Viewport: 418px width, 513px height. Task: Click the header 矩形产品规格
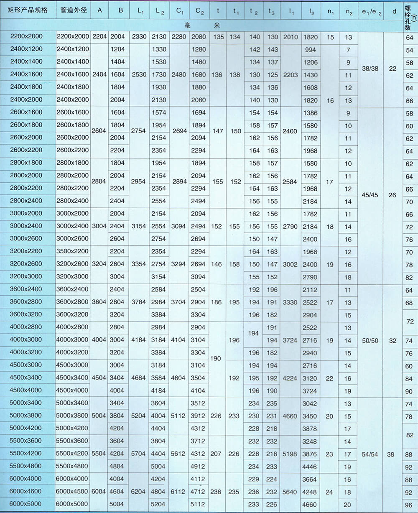tap(28, 10)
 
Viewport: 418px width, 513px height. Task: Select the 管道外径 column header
tap(73, 10)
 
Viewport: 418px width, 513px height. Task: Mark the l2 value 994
tap(311, 49)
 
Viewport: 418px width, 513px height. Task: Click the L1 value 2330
tap(139, 37)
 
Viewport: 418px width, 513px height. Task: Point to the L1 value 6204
tap(139, 492)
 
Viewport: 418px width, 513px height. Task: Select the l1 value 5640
tap(290, 492)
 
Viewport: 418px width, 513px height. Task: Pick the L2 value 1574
tap(159, 113)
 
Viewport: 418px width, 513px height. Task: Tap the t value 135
tap(218, 37)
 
